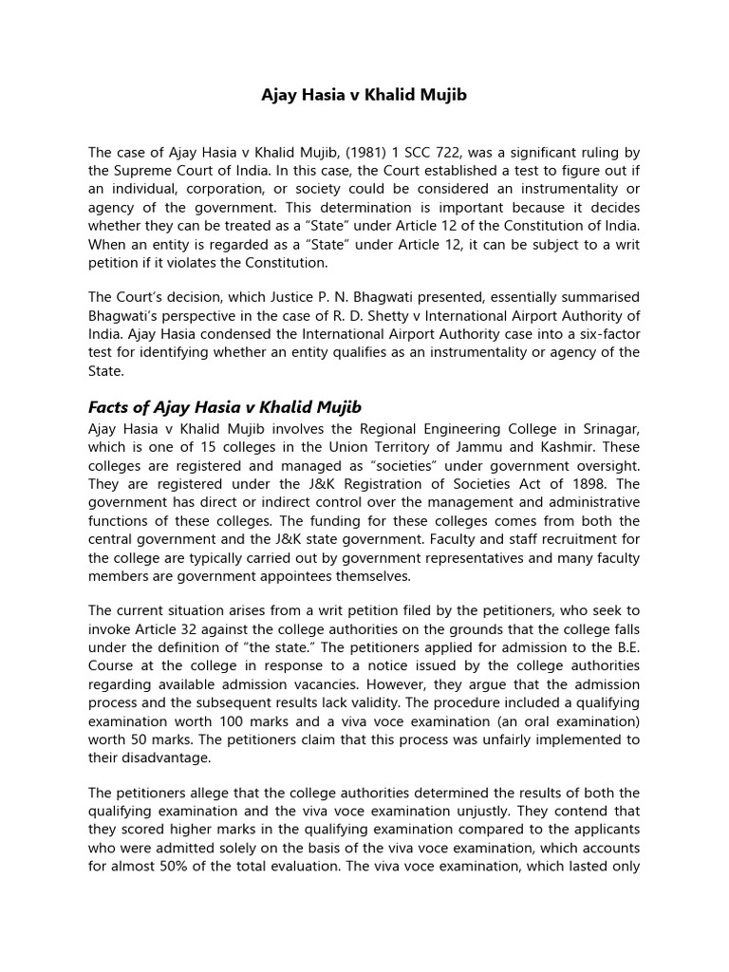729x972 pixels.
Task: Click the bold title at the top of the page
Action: tap(364, 96)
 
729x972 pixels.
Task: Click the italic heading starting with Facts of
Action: tap(225, 407)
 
